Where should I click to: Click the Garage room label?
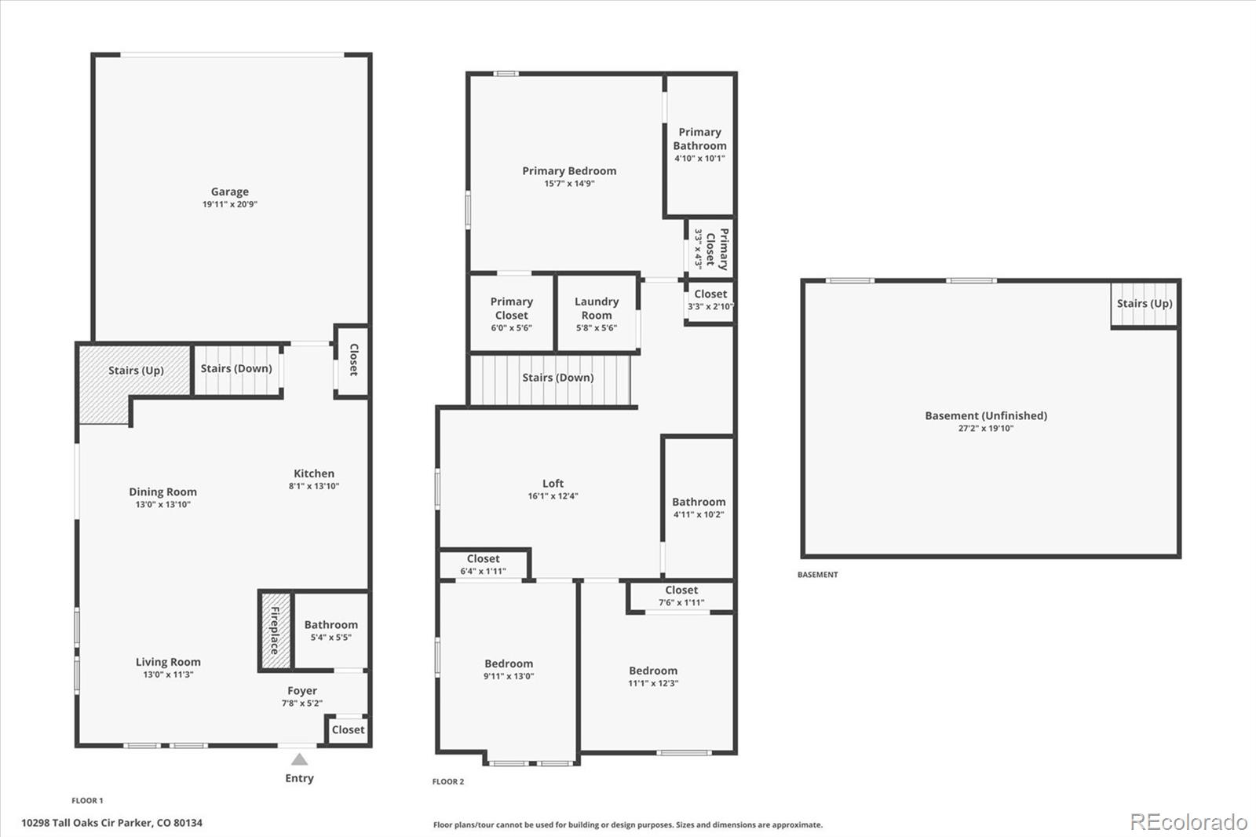pos(230,192)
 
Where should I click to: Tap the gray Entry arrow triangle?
pos(299,759)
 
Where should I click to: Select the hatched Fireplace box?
pos(276,630)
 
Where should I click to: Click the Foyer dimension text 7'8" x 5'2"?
pos(302,703)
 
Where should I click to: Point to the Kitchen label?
pos(314,473)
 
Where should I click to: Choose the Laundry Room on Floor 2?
pos(597,313)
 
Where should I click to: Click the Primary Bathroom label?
pos(699,138)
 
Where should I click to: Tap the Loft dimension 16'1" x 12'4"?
pos(553,496)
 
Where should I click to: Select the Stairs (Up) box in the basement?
pos(1145,304)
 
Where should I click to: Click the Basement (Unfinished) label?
pos(986,415)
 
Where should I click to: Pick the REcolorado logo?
pos(1188,822)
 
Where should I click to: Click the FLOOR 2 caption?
pos(448,781)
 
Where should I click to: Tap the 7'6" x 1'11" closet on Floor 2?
pos(681,596)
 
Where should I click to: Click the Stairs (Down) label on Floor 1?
pos(236,368)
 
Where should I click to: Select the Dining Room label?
pos(162,492)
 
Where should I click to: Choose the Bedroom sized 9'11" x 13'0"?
pos(508,667)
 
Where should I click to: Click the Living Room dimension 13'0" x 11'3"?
pos(168,674)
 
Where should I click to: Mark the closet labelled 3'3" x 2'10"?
pos(710,301)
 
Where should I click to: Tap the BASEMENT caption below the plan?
pos(817,575)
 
